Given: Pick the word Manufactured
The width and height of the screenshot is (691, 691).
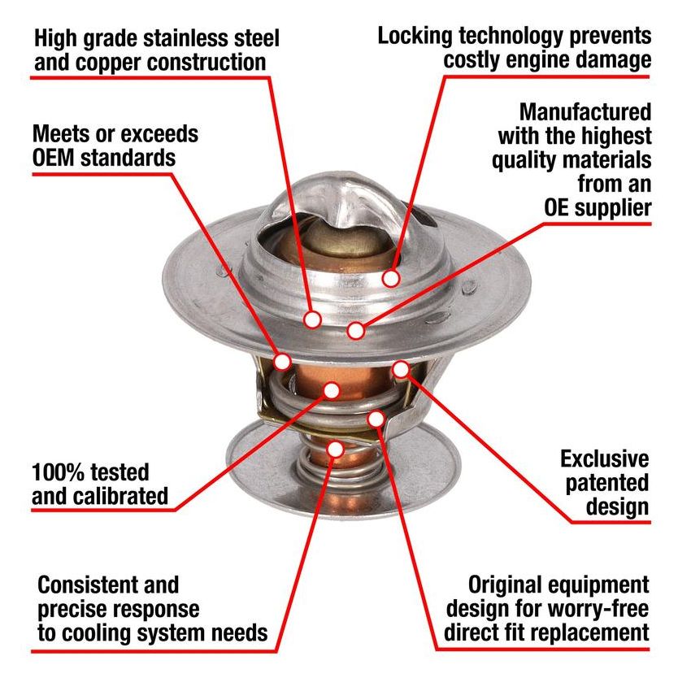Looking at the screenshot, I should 585,111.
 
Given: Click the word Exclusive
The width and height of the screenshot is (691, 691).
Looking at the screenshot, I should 605,458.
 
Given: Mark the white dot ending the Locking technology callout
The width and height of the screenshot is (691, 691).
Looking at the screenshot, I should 391,278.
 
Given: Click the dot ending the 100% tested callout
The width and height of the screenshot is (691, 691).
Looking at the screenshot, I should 331,390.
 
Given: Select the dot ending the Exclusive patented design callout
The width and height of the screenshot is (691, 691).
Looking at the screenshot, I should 401,369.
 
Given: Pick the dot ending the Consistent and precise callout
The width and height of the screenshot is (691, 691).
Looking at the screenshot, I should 336,449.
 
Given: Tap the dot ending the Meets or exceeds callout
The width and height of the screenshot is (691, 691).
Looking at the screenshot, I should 284,360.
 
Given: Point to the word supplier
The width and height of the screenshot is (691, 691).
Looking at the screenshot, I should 609,207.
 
